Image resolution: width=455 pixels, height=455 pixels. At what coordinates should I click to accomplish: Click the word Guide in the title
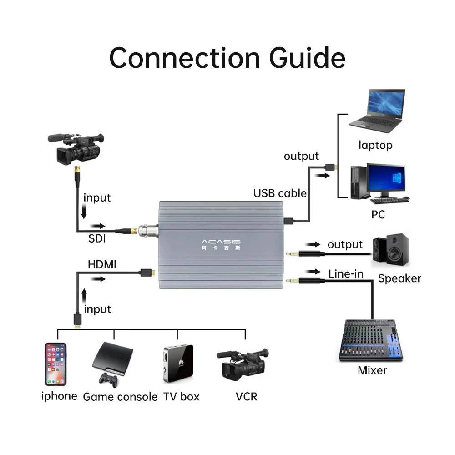pyautogui.click(x=307, y=58)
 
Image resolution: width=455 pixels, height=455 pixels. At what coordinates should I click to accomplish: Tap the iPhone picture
pyautogui.click(x=56, y=364)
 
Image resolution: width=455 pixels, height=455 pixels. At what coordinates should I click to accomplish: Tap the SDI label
pyautogui.click(x=97, y=238)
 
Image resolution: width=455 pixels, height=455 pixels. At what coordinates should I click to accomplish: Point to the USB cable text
pyautogui.click(x=280, y=193)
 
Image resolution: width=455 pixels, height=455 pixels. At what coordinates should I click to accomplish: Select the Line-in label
pyautogui.click(x=346, y=273)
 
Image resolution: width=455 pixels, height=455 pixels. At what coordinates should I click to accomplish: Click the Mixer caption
pyautogui.click(x=372, y=370)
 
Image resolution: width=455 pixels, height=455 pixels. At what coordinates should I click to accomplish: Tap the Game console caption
pyautogui.click(x=120, y=397)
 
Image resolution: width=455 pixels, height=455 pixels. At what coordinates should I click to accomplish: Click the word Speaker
pyautogui.click(x=399, y=278)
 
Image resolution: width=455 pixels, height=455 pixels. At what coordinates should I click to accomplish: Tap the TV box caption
pyautogui.click(x=181, y=397)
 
